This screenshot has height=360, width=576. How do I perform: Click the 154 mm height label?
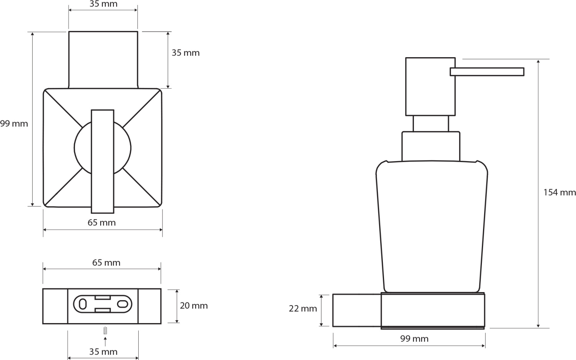point(559,192)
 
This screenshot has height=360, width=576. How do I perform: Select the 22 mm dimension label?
point(303,308)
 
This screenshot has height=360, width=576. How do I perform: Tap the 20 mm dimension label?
point(194,306)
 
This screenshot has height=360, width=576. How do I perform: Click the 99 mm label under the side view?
point(414,339)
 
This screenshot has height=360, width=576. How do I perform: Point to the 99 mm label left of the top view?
point(14,124)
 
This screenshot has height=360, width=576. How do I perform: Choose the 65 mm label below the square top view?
point(102,223)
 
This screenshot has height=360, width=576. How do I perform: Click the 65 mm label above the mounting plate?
point(106,263)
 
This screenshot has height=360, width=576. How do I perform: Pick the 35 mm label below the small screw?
point(103,352)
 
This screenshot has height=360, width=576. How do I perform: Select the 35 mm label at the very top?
point(103,4)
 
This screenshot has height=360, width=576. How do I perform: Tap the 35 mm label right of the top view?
point(185,53)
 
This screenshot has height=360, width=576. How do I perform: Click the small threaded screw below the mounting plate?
point(105,330)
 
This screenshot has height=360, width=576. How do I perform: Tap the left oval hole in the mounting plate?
point(83,304)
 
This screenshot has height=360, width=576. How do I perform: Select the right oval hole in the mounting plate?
point(122,304)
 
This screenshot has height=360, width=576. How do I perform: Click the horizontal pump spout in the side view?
point(487,72)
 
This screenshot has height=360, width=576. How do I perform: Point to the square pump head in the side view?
point(430,87)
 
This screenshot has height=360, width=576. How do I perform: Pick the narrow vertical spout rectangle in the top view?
point(103,162)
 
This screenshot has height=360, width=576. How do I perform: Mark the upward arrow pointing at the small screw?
point(105,342)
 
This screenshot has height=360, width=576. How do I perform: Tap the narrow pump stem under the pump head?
point(431,124)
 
